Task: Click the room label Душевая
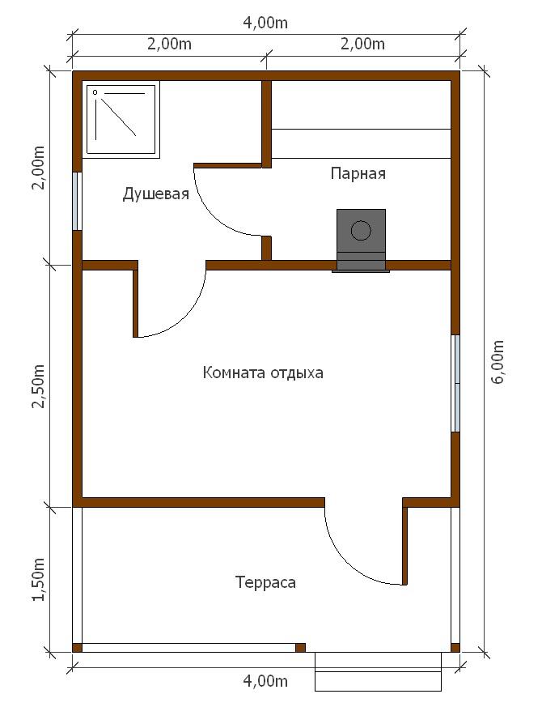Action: (x=155, y=194)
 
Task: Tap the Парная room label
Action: (x=358, y=173)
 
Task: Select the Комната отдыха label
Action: (x=263, y=373)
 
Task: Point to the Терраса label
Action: (x=266, y=582)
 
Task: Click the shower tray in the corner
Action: (x=123, y=120)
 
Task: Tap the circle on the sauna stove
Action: (x=361, y=230)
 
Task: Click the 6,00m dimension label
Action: (x=498, y=362)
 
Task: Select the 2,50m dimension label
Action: (x=38, y=385)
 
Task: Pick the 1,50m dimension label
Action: (x=38, y=579)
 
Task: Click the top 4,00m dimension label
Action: (x=265, y=23)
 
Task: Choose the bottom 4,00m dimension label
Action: (x=265, y=681)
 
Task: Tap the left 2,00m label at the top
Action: (x=169, y=44)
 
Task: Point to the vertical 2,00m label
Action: (x=38, y=168)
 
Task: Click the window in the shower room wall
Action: (x=78, y=202)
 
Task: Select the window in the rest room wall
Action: (x=455, y=383)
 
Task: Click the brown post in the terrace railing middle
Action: (x=300, y=648)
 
